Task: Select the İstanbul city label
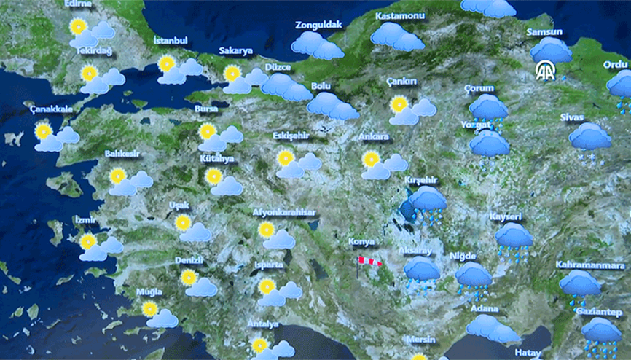[171, 41]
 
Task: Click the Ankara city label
[374, 136]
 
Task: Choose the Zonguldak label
[318, 25]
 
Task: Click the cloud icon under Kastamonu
[396, 36]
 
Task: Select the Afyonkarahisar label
[284, 212]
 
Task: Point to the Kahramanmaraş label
[589, 265]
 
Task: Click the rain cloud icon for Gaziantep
[601, 332]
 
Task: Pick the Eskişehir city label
[291, 136]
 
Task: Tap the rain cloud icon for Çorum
[487, 109]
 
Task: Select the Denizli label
[189, 260]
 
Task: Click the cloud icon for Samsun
[551, 50]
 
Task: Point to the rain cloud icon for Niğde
[473, 277]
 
